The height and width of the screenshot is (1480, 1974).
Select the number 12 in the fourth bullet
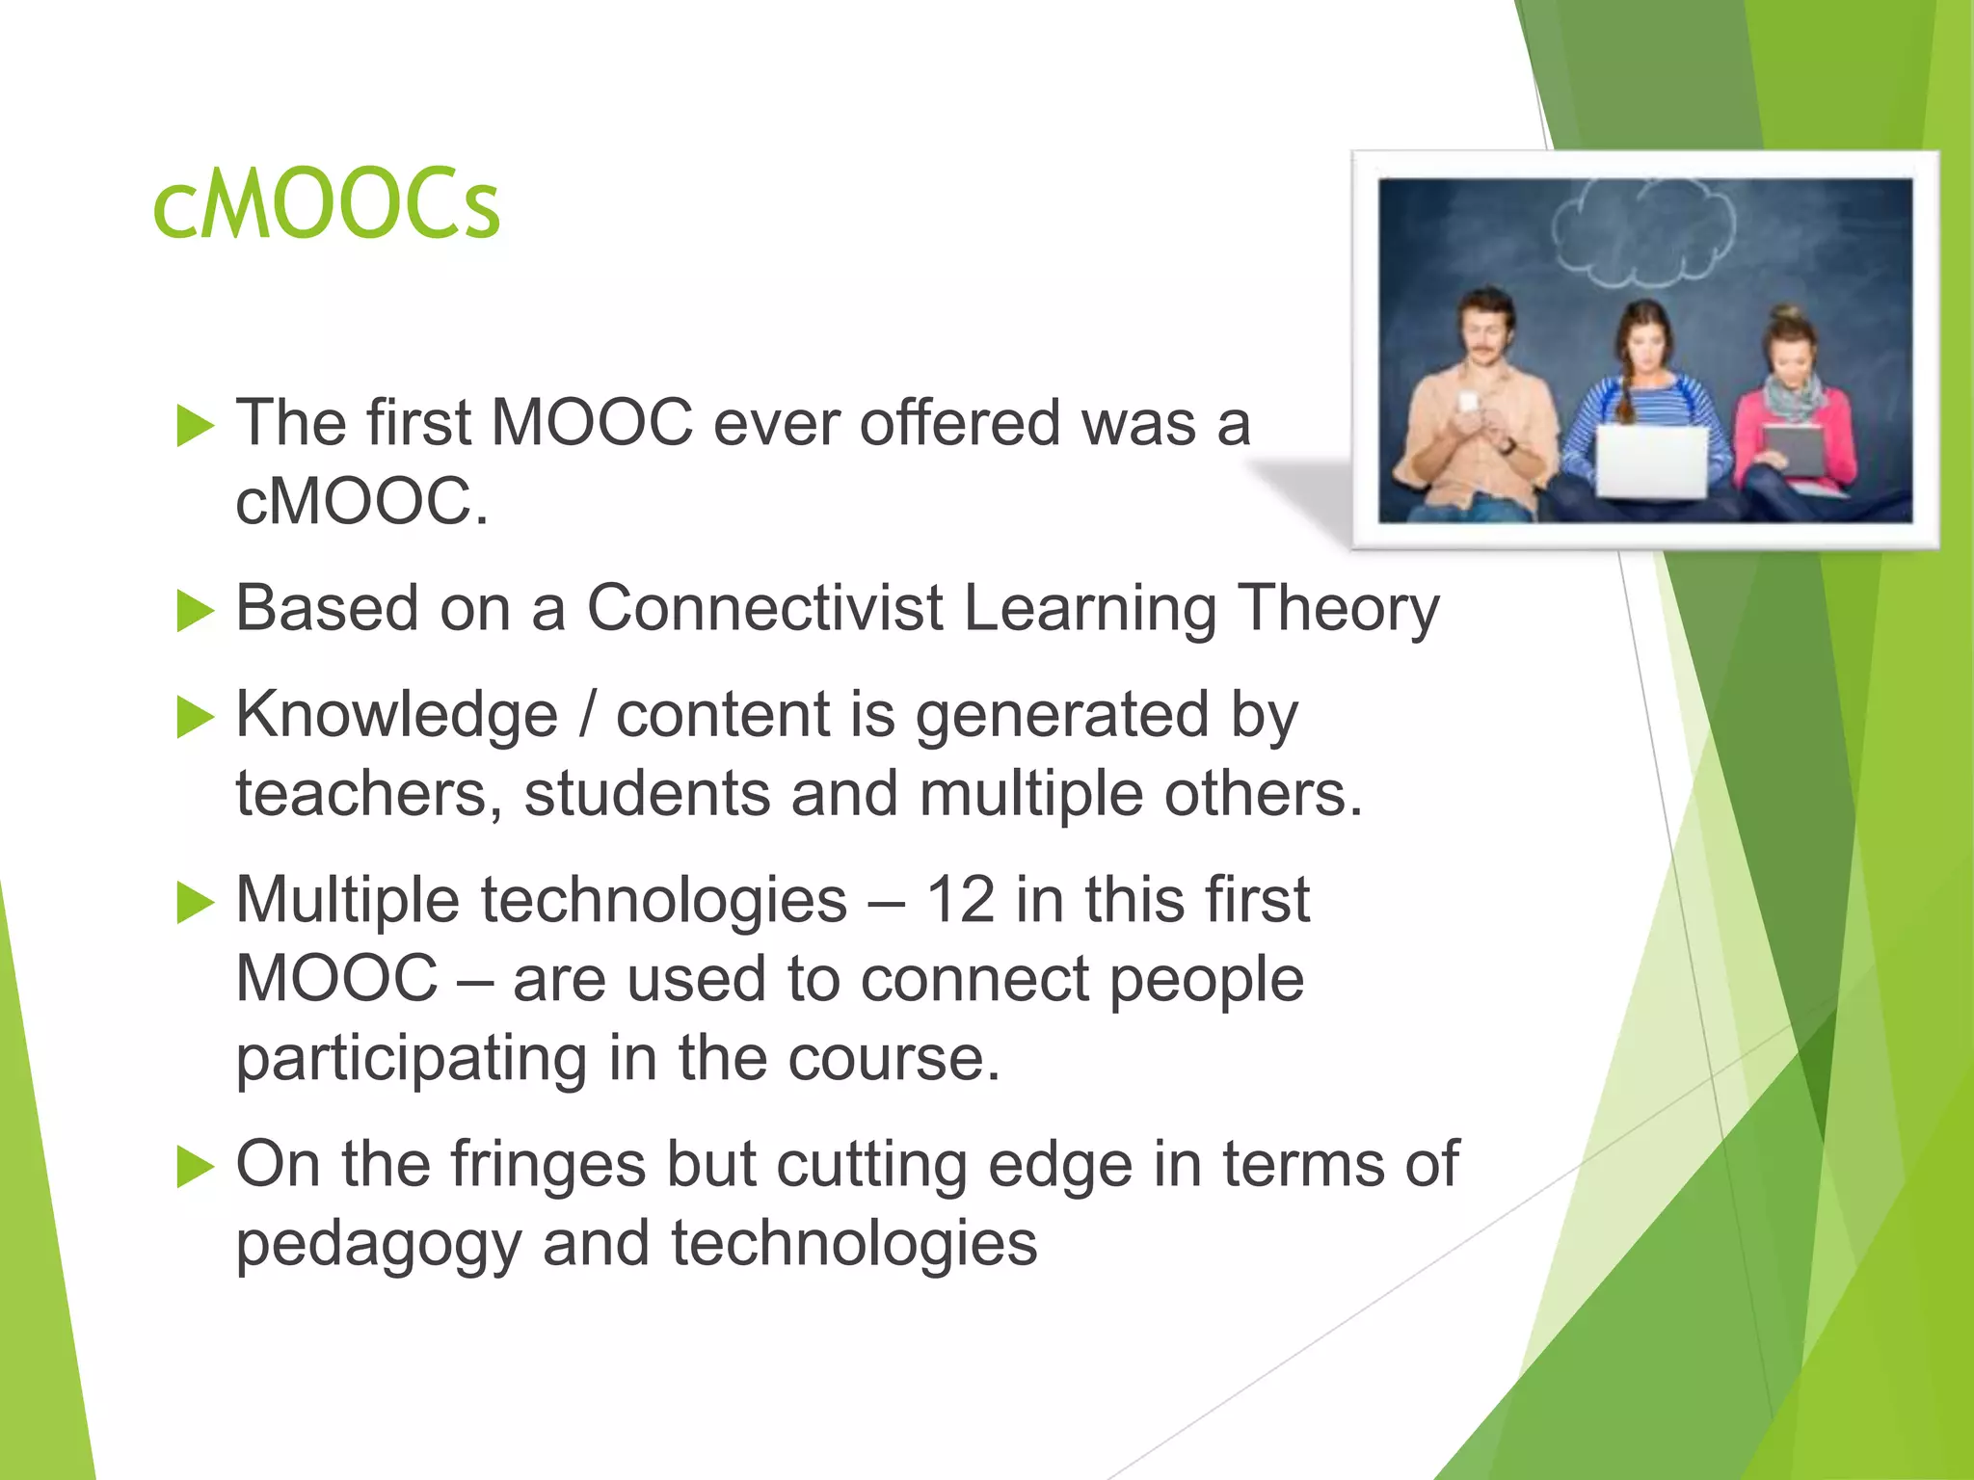tap(959, 900)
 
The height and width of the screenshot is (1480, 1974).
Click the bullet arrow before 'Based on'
tap(195, 611)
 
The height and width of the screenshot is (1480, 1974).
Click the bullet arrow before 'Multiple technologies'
tap(195, 903)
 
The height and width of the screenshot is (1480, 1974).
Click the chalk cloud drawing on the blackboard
tap(1643, 231)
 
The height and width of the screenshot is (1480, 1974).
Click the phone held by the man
tap(1468, 402)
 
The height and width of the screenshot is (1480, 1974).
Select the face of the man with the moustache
tap(1485, 328)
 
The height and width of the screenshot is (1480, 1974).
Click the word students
tap(646, 794)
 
